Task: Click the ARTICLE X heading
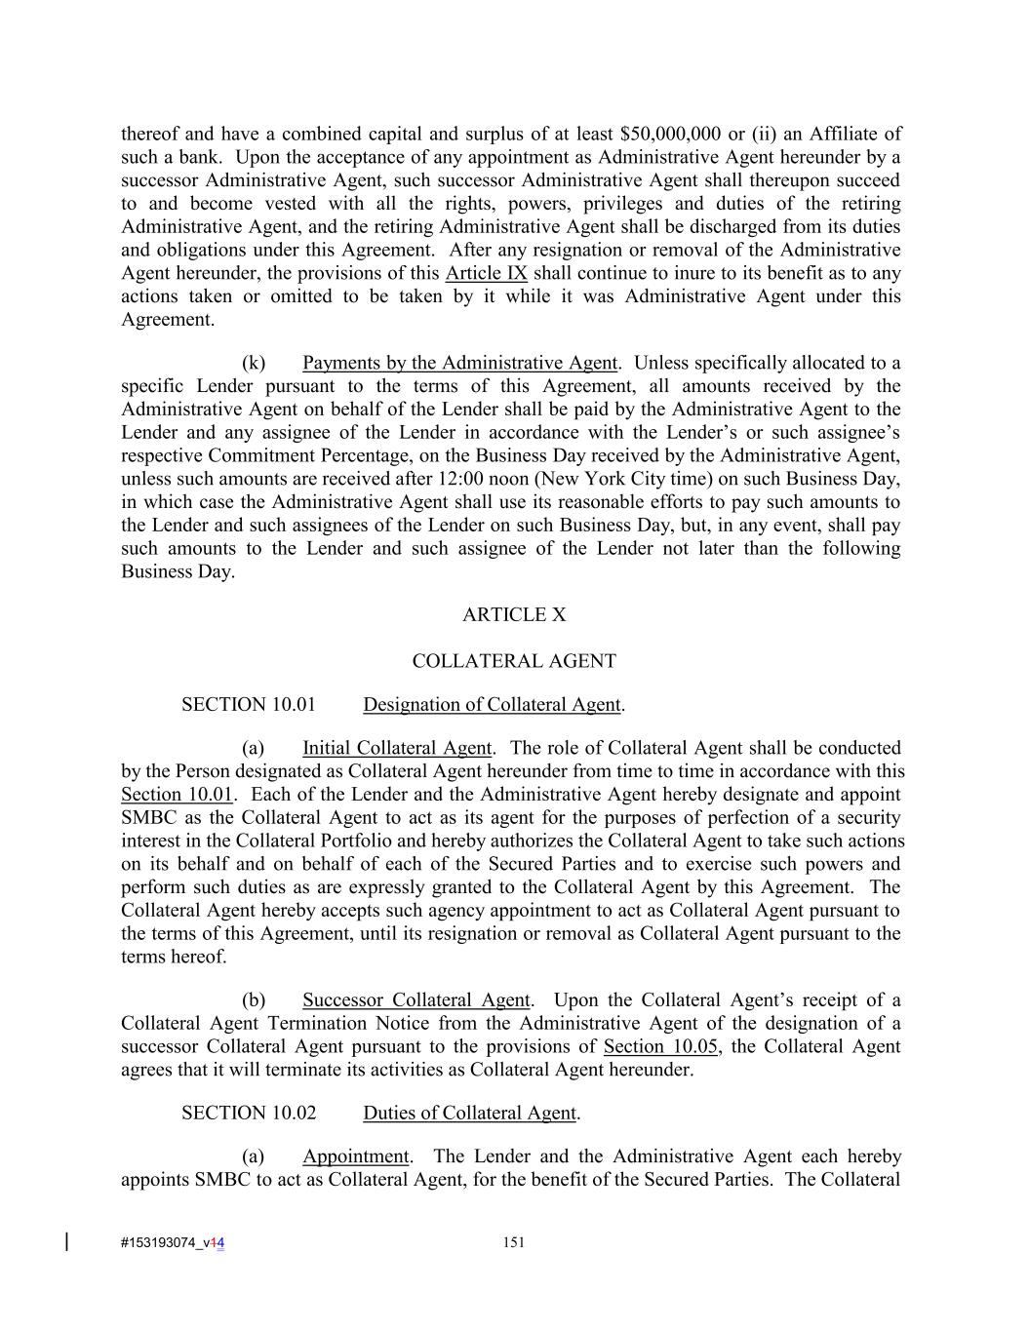[514, 614]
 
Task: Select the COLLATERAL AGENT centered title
[514, 661]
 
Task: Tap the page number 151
[514, 1242]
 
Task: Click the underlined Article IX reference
[486, 273]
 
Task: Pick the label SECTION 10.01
[248, 704]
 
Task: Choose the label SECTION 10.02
[248, 1113]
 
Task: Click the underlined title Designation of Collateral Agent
[492, 704]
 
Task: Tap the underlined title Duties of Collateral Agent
[469, 1113]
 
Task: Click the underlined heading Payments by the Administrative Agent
[459, 363]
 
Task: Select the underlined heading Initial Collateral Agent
[396, 748]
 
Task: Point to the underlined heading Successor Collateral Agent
[416, 999]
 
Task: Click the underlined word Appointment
[355, 1156]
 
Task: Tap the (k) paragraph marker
[254, 363]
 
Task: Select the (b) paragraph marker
[254, 999]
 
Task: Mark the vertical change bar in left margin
[66, 1241]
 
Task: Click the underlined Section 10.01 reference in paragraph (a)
[177, 795]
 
